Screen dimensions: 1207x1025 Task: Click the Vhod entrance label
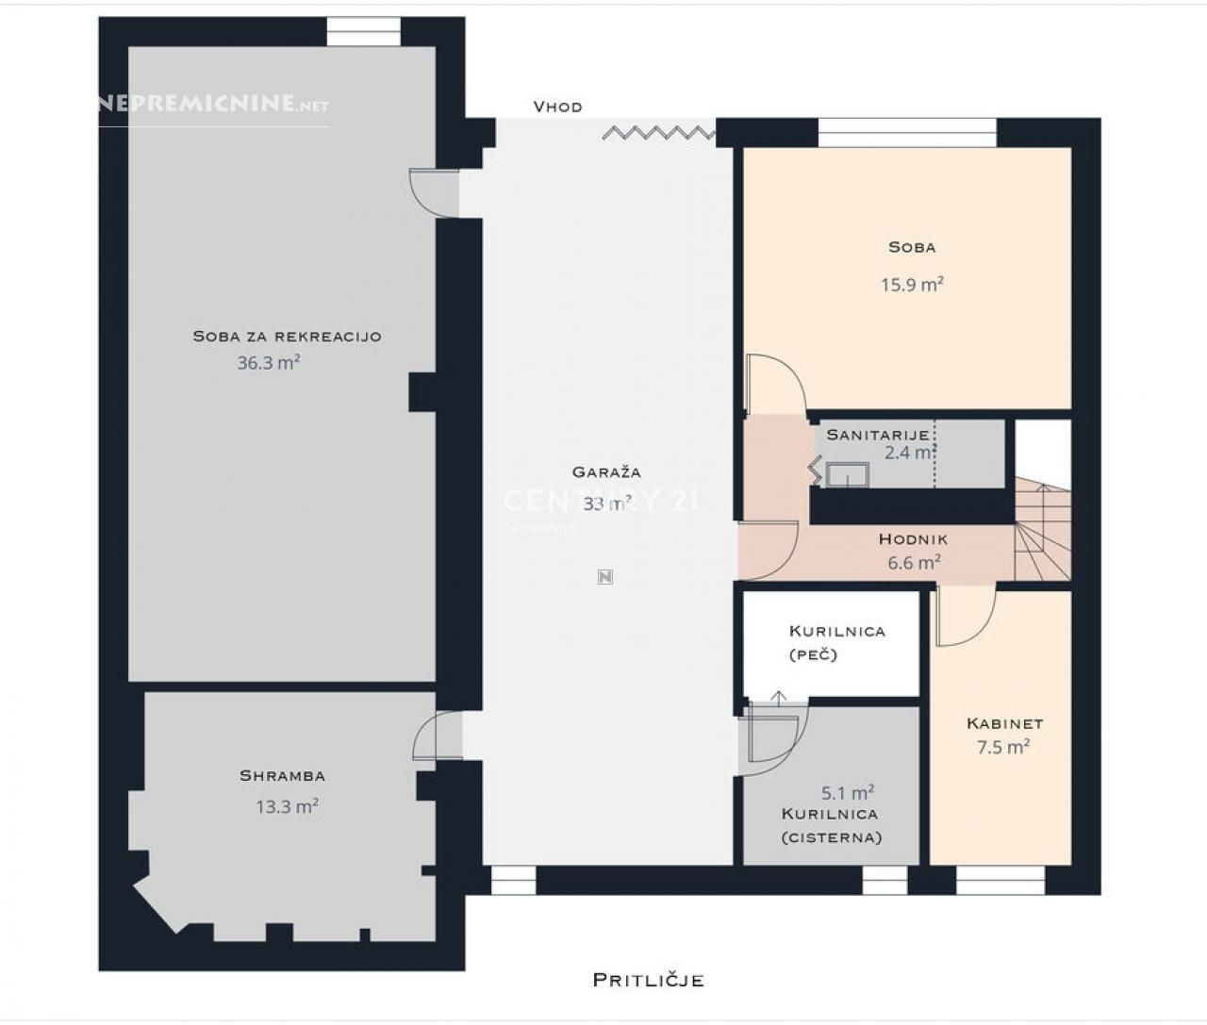(x=557, y=107)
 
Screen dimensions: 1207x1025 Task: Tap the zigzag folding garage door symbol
(x=659, y=133)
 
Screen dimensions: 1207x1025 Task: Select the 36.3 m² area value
(x=269, y=362)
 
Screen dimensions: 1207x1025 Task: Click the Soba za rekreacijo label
(x=287, y=337)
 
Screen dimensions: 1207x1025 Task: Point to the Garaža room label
(x=606, y=471)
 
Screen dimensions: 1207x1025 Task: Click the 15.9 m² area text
(x=913, y=284)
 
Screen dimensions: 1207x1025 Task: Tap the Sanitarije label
(x=878, y=435)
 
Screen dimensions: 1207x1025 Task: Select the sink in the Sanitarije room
(x=848, y=475)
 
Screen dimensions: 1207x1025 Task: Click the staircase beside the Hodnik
(x=1043, y=529)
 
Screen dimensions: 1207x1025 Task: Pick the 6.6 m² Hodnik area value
(x=914, y=562)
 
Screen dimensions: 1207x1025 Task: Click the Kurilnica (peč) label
(x=836, y=642)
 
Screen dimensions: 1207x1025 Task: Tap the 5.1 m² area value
(x=848, y=792)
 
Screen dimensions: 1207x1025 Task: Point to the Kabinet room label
(x=1005, y=723)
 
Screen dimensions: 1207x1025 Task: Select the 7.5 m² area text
(x=1003, y=747)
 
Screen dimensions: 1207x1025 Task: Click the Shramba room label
(x=282, y=776)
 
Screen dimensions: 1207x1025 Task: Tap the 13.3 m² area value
(x=287, y=806)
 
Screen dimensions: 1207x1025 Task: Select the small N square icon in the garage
(x=605, y=577)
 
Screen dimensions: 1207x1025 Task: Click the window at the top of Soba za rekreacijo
(x=363, y=31)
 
